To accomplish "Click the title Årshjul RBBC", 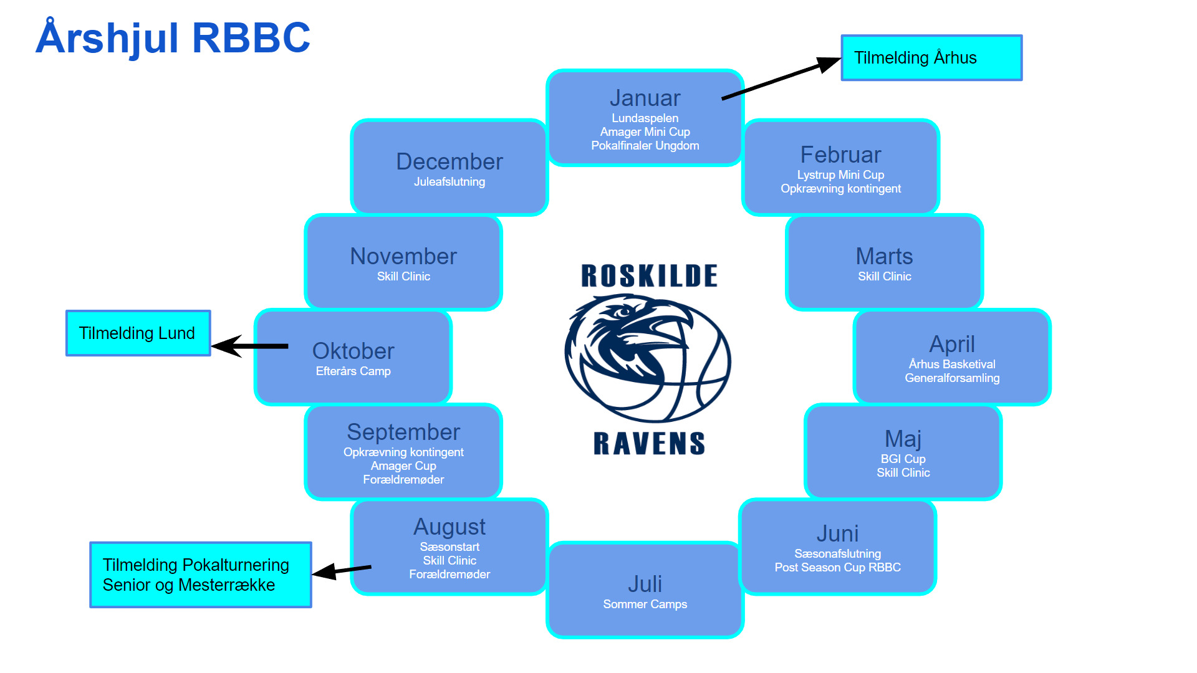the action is [173, 38].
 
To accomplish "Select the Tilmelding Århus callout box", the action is [931, 57].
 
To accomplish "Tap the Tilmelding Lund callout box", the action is [138, 333].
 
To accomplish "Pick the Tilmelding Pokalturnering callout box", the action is [201, 575].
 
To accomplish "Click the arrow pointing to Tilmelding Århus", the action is [781, 79].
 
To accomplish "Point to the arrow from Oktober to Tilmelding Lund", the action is [250, 346].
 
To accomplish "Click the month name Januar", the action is [645, 98].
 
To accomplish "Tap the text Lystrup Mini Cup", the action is [840, 174].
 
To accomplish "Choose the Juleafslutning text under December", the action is [449, 181].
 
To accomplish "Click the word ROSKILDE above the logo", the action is [649, 275].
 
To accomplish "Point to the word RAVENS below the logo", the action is [649, 443].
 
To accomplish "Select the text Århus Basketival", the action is [952, 364].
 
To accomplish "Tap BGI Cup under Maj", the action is [903, 459].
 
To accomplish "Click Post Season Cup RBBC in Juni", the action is [838, 567].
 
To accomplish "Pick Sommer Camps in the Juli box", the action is [645, 604].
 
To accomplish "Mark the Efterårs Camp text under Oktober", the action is [353, 371].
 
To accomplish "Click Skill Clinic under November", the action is [403, 276].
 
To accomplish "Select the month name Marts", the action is [884, 256].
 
